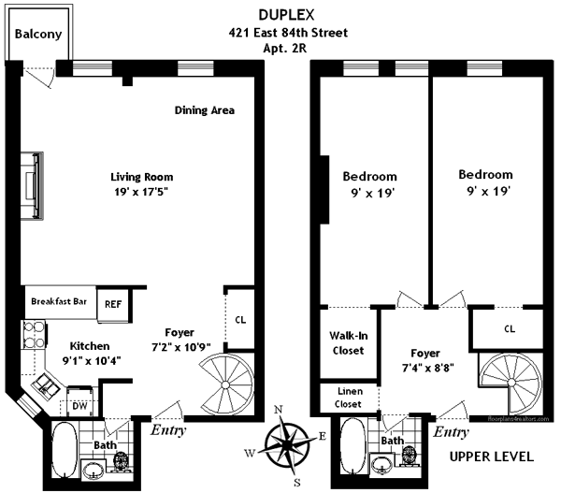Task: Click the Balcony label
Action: point(38,34)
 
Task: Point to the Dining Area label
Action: point(205,110)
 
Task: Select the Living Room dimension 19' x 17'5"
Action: point(142,194)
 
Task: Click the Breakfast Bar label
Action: point(59,301)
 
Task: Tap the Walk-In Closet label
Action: point(349,343)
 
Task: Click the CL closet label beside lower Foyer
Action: point(240,319)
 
